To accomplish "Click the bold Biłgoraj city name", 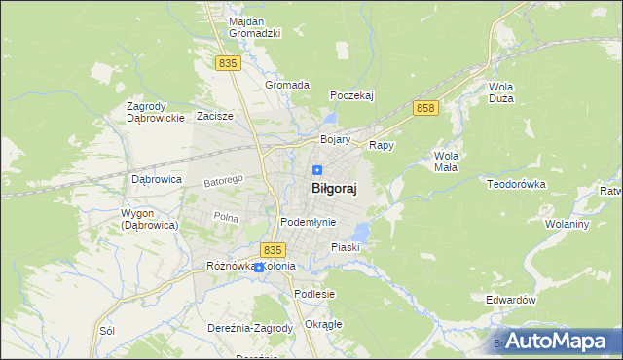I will click(x=333, y=191).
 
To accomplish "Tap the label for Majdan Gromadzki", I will click(x=254, y=27).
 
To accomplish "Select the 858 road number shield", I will click(x=423, y=108).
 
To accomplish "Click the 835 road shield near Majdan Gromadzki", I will click(x=228, y=63).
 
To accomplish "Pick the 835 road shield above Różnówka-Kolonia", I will click(x=273, y=249).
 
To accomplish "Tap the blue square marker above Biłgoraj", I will click(x=317, y=170).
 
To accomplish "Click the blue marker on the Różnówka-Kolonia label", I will click(x=258, y=267).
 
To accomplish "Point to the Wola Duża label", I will click(x=500, y=92).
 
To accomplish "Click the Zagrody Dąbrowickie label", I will click(x=156, y=112).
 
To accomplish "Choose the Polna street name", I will click(x=226, y=217).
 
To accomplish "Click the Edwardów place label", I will click(x=511, y=301).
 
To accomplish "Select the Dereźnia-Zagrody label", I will click(x=250, y=328).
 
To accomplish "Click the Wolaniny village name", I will click(x=568, y=224).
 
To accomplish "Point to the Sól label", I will click(x=107, y=331).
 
